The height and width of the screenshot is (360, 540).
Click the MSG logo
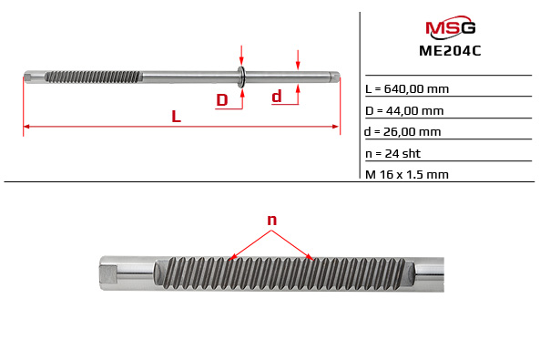point(450,28)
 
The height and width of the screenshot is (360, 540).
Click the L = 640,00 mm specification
point(406,89)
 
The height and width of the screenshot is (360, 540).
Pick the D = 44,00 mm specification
point(405,110)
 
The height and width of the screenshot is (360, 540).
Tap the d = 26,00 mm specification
point(403,131)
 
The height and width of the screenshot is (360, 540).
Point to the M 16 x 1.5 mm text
point(406,173)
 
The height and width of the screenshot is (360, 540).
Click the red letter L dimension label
point(176,116)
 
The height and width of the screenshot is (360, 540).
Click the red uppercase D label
point(221,100)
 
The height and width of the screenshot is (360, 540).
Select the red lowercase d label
point(277,96)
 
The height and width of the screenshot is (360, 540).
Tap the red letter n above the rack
point(271,220)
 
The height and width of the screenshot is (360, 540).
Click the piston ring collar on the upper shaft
point(241,77)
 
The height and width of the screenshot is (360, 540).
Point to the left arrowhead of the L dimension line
point(26,126)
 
